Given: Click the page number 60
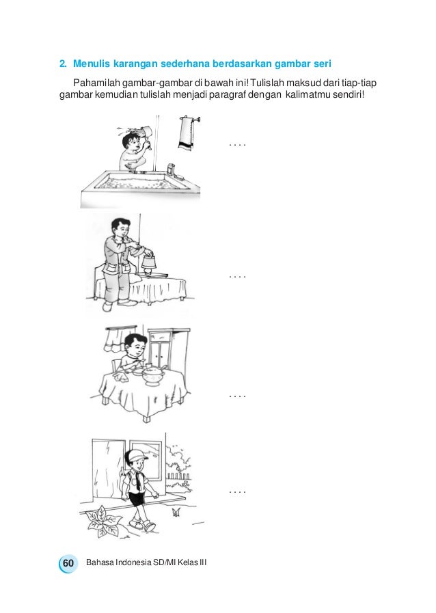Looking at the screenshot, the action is pos(68,563).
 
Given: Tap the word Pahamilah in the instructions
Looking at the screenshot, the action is pos(96,83).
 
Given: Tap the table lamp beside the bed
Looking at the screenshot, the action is pos(149,262).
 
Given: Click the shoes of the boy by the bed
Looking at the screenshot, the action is pos(118,304).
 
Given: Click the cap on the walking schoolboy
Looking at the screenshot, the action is pos(136,456).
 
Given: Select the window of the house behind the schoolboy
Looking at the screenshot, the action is pos(146,459).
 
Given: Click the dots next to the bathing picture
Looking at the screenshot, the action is pos(237,146).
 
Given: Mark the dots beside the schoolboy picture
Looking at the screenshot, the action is pos(237,492).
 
